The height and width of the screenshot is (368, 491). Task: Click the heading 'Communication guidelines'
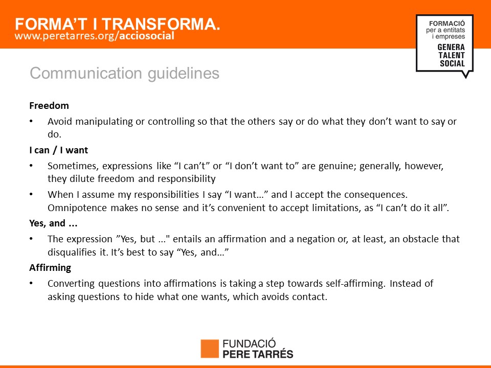[x=124, y=74]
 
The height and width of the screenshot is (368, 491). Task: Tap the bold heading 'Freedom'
[x=49, y=106]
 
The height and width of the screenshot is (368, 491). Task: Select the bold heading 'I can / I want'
[x=58, y=150]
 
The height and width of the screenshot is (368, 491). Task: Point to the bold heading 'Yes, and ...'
[x=53, y=223]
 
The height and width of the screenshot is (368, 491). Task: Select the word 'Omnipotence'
[x=77, y=208]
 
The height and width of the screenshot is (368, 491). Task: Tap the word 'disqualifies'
[x=72, y=252]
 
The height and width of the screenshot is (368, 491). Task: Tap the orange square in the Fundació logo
[x=210, y=349]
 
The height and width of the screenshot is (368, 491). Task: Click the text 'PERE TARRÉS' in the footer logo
[x=258, y=354]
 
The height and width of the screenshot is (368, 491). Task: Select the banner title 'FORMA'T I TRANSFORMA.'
[x=118, y=24]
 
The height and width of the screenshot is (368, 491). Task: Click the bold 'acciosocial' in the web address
[x=147, y=36]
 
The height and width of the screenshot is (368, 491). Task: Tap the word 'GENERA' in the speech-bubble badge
[x=451, y=47]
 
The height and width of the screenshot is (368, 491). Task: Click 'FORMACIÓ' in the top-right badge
[x=447, y=24]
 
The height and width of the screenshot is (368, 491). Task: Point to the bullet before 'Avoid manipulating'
[x=31, y=122]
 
